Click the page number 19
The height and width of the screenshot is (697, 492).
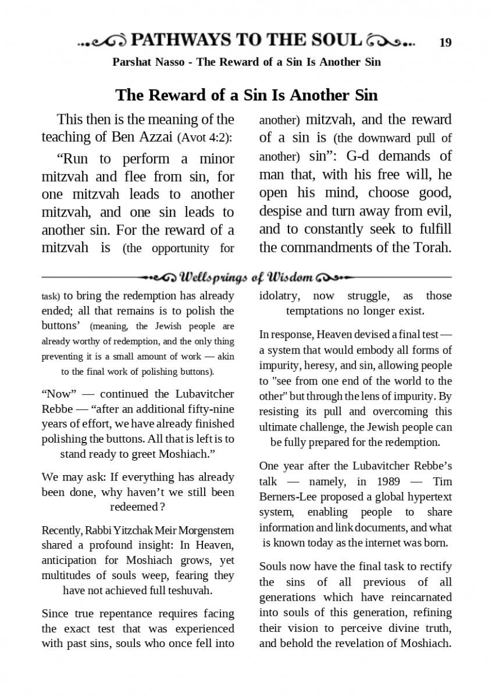pyautogui.click(x=445, y=42)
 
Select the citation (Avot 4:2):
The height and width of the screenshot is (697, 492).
pyautogui.click(x=205, y=138)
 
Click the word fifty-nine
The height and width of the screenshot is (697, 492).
pyautogui.click(x=205, y=409)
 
